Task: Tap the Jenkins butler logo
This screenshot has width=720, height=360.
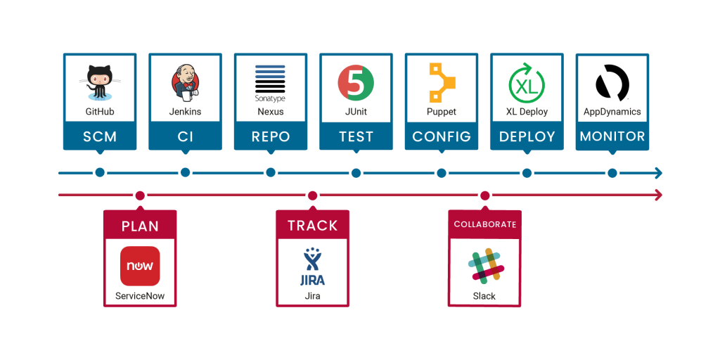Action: click(185, 83)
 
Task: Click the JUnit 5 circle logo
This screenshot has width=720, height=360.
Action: click(356, 83)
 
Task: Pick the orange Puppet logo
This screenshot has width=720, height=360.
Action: click(442, 83)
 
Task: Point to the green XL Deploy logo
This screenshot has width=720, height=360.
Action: click(527, 83)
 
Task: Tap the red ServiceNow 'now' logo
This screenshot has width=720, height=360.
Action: click(140, 266)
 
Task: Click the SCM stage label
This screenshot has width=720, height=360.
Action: click(100, 136)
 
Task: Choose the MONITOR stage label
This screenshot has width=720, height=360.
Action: click(612, 136)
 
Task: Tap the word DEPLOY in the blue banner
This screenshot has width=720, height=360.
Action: click(527, 136)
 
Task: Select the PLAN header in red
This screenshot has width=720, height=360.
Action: click(140, 226)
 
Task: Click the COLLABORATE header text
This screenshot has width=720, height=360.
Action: click(484, 224)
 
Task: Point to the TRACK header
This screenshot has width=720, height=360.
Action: click(312, 226)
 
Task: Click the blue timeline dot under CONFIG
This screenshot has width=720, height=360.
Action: click(442, 172)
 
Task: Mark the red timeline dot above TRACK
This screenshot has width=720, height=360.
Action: click(312, 195)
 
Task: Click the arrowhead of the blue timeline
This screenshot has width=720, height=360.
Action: click(658, 172)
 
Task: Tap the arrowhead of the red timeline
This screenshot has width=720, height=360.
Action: click(658, 195)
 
